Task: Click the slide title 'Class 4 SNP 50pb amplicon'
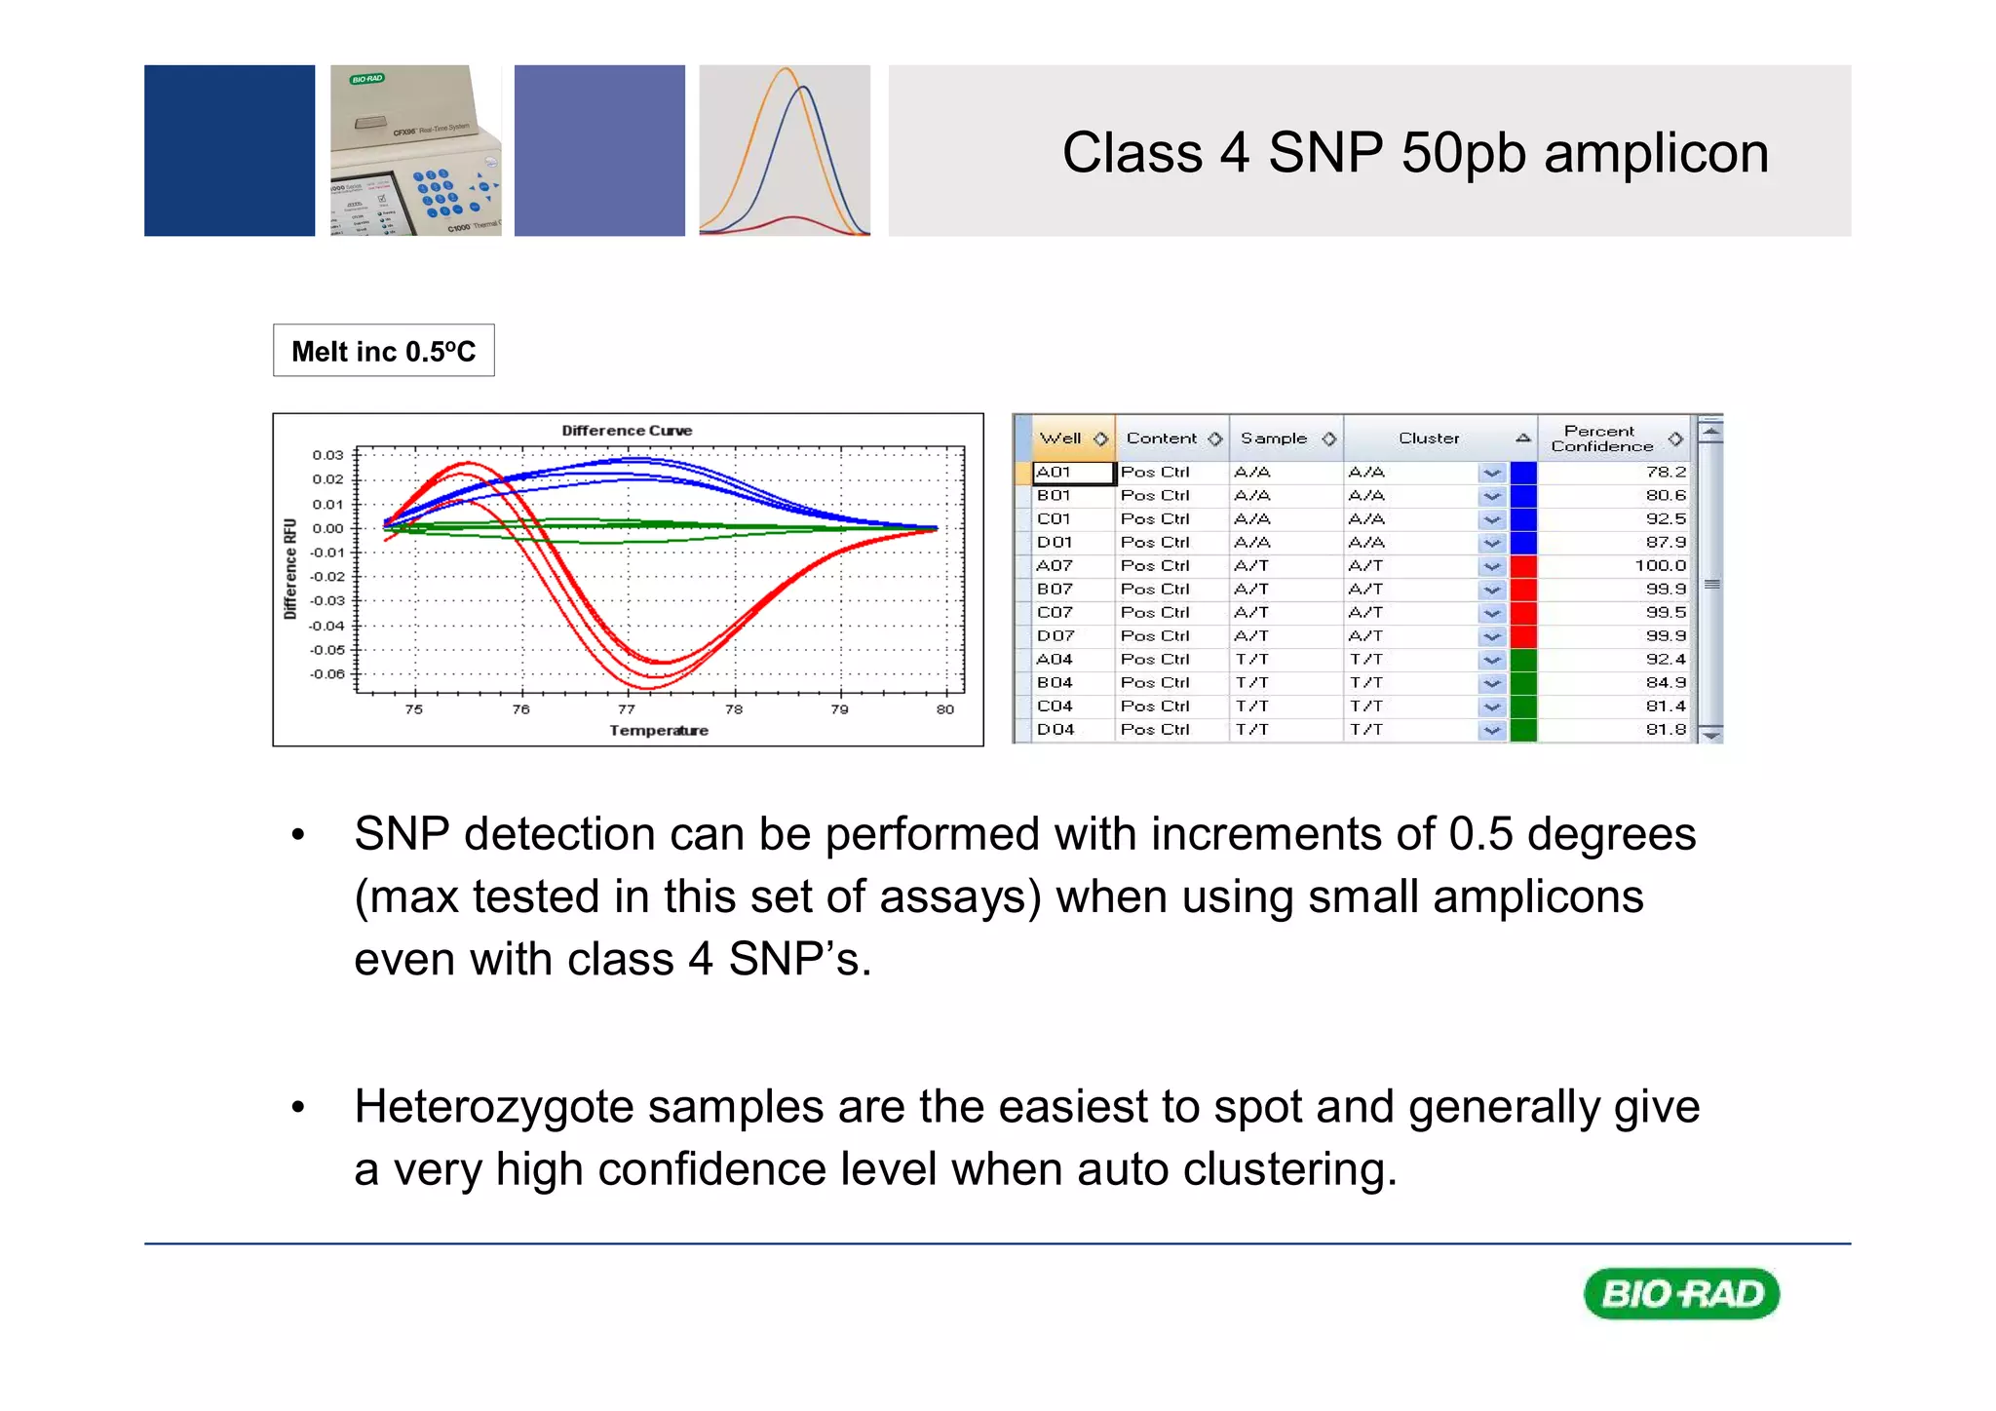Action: pos(1414,153)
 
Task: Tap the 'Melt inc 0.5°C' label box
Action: pos(383,351)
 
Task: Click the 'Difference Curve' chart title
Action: pos(627,430)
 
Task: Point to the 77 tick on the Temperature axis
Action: pos(627,708)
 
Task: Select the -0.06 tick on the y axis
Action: pos(327,673)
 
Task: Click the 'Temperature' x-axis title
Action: pos(659,730)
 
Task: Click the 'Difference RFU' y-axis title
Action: pos(289,568)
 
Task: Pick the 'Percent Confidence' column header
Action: pos(1601,439)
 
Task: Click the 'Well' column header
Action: pos(1060,439)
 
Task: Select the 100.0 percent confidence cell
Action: pos(1660,565)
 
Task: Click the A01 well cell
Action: pos(1071,473)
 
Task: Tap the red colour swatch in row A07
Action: pos(1522,566)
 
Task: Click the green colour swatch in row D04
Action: pos(1522,730)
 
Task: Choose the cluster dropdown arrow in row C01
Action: pos(1491,519)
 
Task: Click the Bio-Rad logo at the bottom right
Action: pos(1681,1293)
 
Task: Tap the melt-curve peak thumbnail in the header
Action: pos(785,151)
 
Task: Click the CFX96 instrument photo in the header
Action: pos(415,151)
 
